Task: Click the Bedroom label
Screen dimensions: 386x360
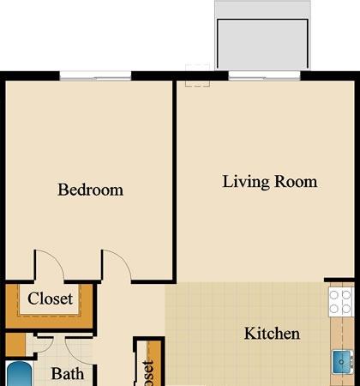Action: point(90,190)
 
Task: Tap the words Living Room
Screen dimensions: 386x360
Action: point(270,182)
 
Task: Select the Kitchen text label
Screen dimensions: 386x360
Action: point(272,333)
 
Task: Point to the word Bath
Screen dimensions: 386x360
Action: point(67,374)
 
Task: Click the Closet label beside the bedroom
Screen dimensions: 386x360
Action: point(51,299)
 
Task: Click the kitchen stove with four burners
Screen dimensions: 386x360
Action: point(341,301)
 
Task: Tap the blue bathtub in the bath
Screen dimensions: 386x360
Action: point(18,375)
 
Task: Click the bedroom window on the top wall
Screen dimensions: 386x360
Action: point(95,76)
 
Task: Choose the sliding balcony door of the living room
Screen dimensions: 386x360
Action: point(262,76)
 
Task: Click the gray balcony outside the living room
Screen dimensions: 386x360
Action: point(261,39)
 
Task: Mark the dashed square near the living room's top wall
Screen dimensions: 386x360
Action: point(198,75)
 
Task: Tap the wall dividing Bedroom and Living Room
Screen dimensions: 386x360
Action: point(175,180)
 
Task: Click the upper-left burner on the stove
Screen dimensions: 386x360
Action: point(334,294)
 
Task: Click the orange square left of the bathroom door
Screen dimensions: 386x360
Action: point(15,345)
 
